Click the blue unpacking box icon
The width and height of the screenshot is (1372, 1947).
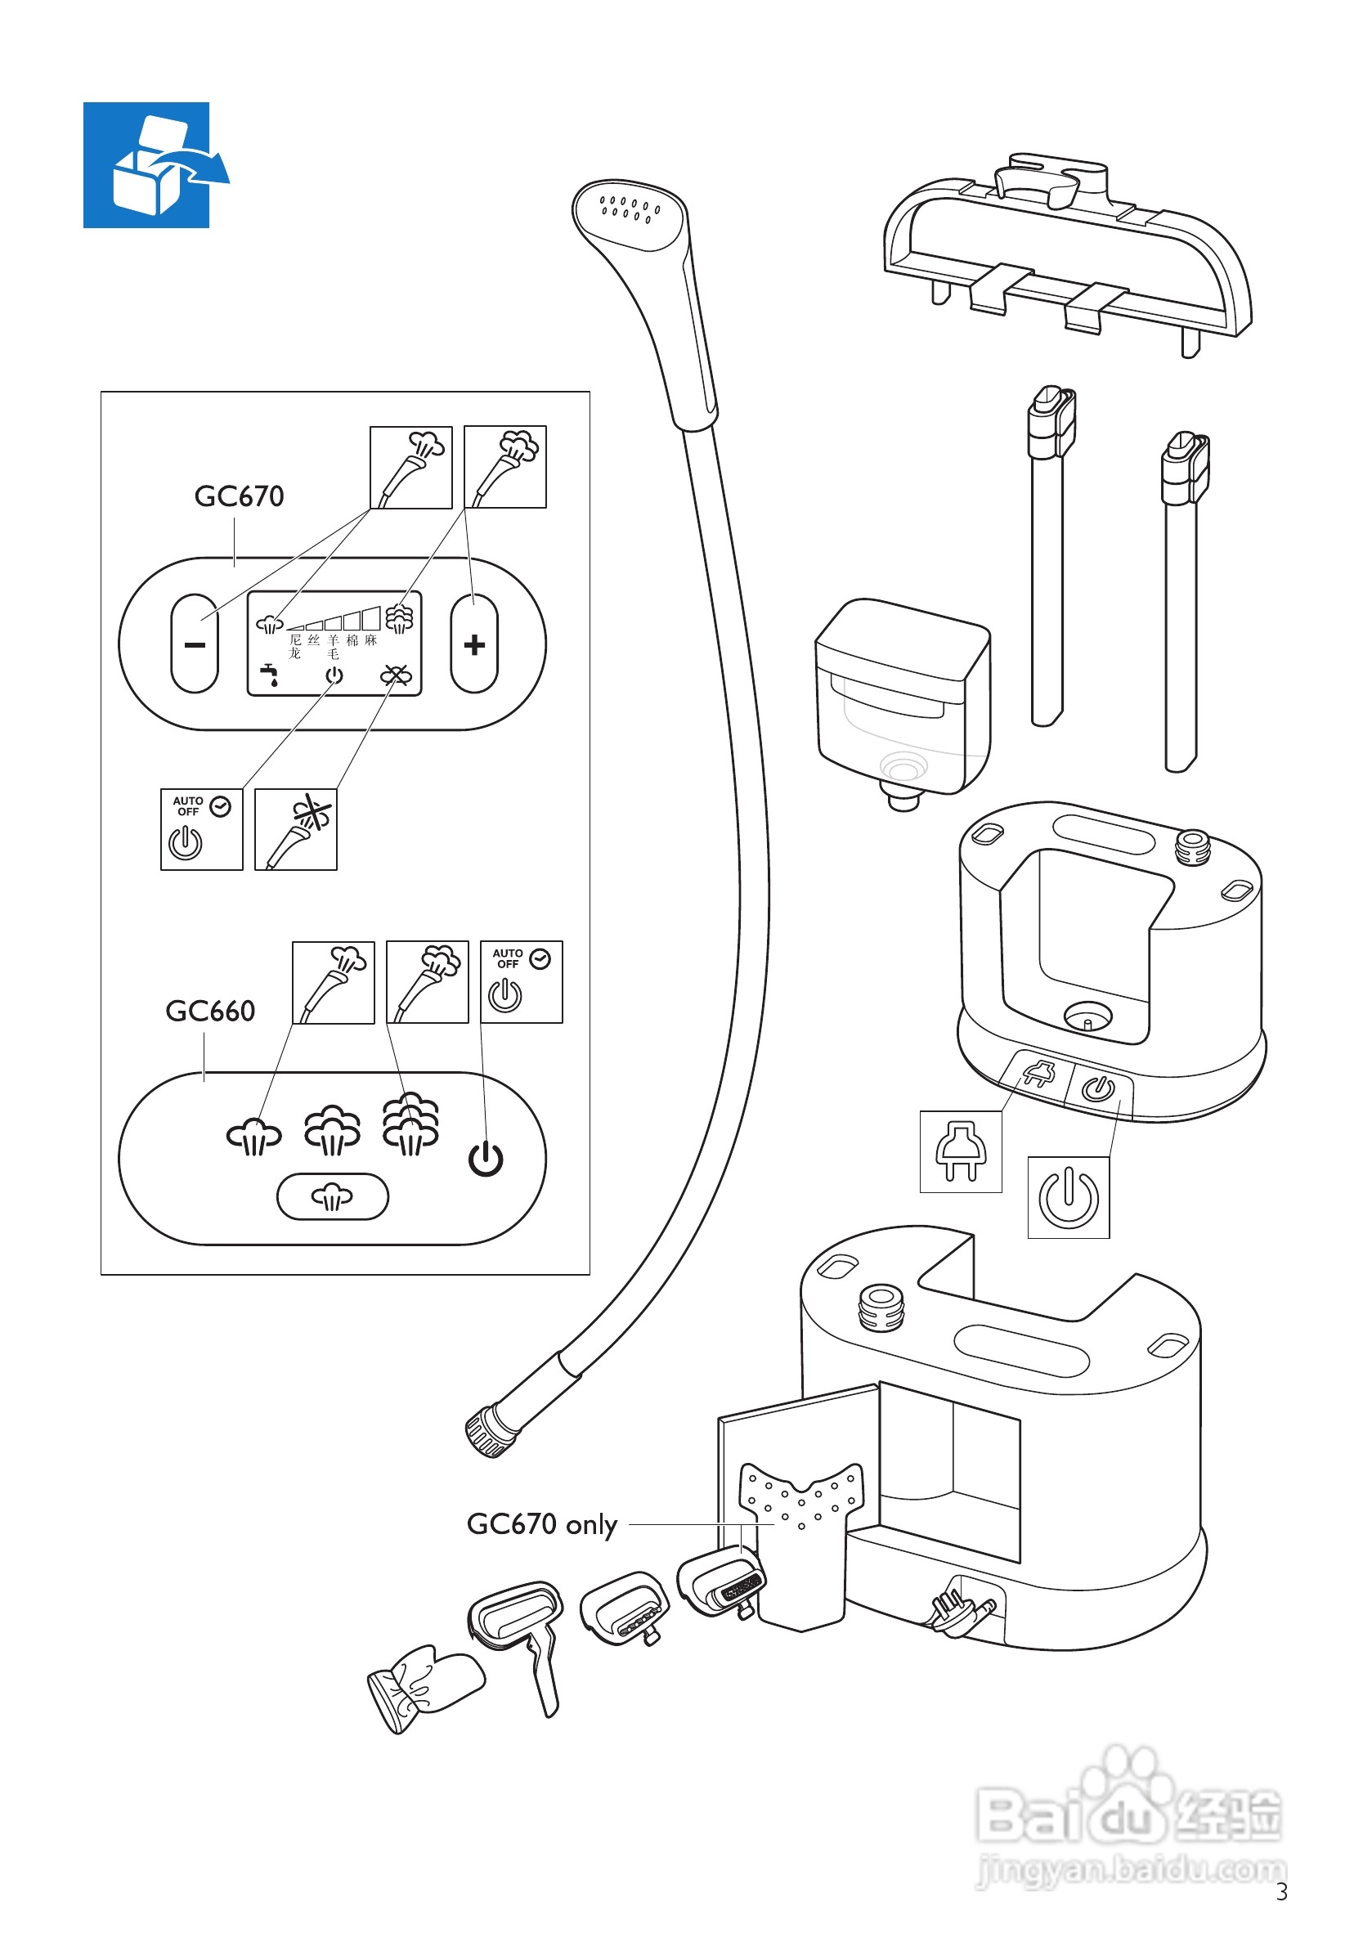pyautogui.click(x=146, y=165)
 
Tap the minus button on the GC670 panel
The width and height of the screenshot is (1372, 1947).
pyautogui.click(x=194, y=644)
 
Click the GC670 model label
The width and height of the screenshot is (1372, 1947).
pyautogui.click(x=239, y=496)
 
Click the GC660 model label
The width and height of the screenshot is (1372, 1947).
pyautogui.click(x=210, y=1011)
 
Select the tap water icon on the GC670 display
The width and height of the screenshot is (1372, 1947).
pyautogui.click(x=270, y=675)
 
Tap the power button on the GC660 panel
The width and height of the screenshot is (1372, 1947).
pyautogui.click(x=486, y=1160)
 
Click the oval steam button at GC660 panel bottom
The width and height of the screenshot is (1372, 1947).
pyautogui.click(x=333, y=1196)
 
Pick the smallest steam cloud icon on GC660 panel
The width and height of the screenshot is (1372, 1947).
pyautogui.click(x=253, y=1137)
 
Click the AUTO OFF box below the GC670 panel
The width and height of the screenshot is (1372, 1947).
pyautogui.click(x=202, y=828)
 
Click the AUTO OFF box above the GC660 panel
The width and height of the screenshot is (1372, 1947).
pyautogui.click(x=521, y=981)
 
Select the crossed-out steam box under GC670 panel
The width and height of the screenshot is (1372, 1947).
pyautogui.click(x=296, y=828)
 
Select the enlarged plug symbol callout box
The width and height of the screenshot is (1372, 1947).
pyautogui.click(x=961, y=1151)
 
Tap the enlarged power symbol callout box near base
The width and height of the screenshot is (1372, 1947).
pyautogui.click(x=1069, y=1196)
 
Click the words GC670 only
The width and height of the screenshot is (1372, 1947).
pyautogui.click(x=542, y=1524)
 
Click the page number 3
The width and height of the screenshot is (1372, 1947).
pyautogui.click(x=1281, y=1892)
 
